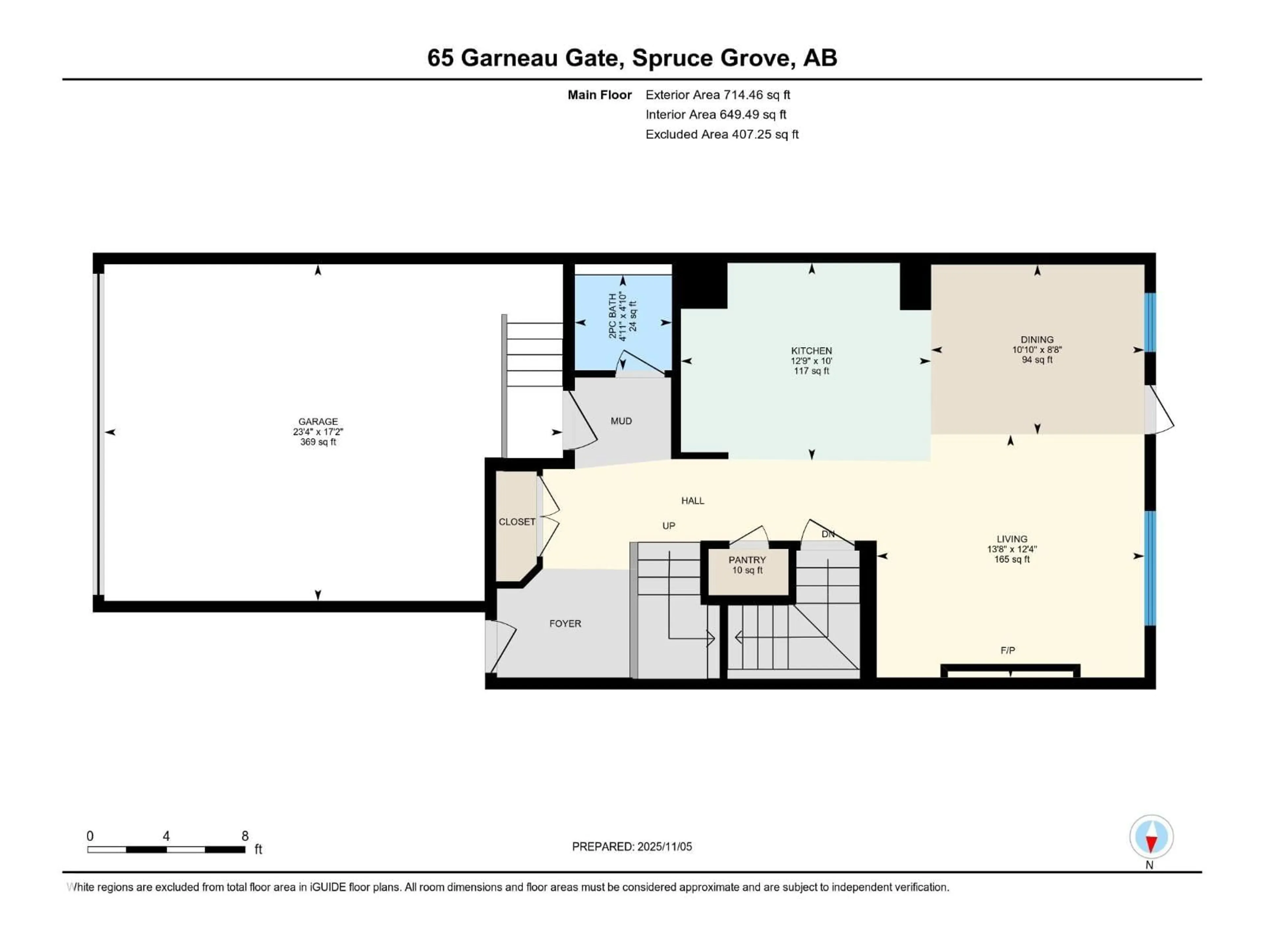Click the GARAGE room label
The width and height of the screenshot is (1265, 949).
click(x=318, y=421)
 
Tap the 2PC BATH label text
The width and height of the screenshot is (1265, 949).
click(x=612, y=316)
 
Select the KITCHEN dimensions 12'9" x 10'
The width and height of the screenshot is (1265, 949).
click(x=811, y=361)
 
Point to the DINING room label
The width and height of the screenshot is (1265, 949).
click(x=1037, y=339)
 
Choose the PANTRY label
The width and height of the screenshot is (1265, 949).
click(x=747, y=560)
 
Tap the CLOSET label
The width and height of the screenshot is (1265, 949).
click(x=517, y=522)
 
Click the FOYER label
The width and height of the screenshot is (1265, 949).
click(x=565, y=623)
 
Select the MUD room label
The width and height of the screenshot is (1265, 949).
click(x=621, y=421)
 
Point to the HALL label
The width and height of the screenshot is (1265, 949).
click(x=692, y=501)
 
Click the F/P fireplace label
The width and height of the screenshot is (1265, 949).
click(x=1008, y=650)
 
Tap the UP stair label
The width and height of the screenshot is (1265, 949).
click(x=668, y=526)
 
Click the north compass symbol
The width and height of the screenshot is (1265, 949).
click(x=1151, y=837)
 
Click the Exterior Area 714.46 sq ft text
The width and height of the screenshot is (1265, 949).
click(x=718, y=95)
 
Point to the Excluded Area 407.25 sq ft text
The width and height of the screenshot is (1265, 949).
click(x=722, y=134)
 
